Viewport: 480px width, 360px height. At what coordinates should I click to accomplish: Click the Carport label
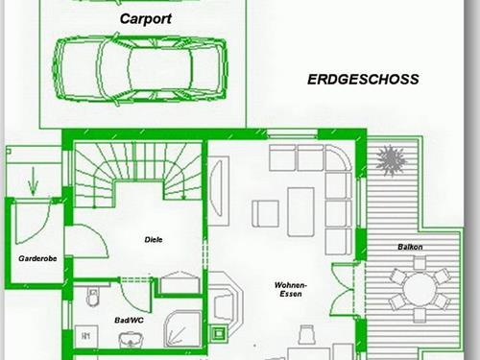(x=146, y=19)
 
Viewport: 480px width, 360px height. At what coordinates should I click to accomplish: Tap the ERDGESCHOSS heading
(x=363, y=80)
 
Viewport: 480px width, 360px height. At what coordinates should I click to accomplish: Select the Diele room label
(x=154, y=239)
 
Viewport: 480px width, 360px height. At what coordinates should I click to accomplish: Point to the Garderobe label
(x=37, y=258)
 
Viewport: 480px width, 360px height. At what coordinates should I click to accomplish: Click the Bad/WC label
(x=130, y=320)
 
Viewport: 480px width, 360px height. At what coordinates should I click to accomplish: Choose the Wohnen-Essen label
(x=291, y=289)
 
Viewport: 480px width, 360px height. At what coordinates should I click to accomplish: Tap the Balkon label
(x=410, y=247)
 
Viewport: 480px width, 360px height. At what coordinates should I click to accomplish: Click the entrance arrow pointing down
(x=33, y=181)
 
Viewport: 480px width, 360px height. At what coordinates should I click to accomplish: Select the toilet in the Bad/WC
(x=92, y=296)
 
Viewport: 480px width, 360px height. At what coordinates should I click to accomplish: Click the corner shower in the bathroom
(x=182, y=328)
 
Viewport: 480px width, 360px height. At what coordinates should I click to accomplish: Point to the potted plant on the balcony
(x=392, y=159)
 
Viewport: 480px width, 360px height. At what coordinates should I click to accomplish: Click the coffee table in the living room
(x=300, y=212)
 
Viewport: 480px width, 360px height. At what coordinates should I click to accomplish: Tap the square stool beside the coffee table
(x=265, y=213)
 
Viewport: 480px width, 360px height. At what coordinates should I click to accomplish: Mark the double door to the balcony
(x=344, y=290)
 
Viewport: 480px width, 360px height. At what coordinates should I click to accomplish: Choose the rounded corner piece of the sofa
(x=338, y=157)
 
